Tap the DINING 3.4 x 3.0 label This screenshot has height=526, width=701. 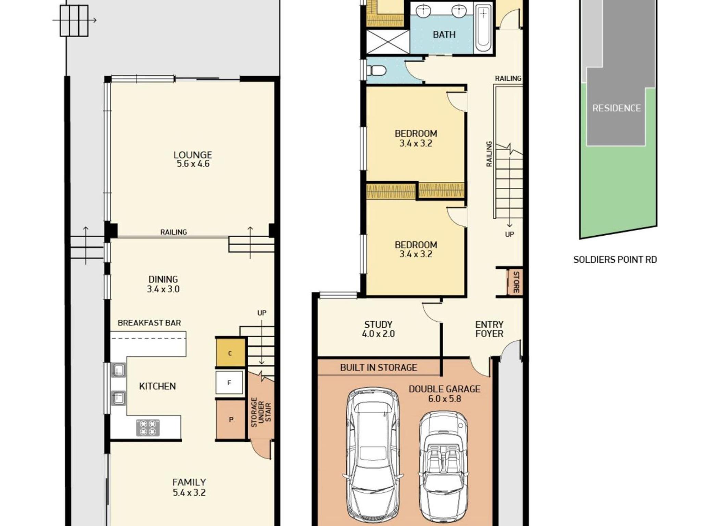[x=163, y=284]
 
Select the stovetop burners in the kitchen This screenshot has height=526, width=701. [x=148, y=428]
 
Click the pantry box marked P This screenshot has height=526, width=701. [x=231, y=419]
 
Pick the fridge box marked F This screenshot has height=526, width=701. [x=229, y=382]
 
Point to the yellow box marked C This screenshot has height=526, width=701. [x=230, y=353]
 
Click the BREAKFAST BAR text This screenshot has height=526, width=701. [x=149, y=323]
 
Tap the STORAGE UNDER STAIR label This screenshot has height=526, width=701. [x=261, y=412]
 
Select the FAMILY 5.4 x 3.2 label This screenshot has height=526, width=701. [x=189, y=487]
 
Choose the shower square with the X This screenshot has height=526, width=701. [x=388, y=42]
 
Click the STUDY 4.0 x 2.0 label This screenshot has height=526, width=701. [x=378, y=329]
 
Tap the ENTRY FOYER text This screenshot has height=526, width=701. [x=489, y=329]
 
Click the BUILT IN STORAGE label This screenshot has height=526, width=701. [x=379, y=367]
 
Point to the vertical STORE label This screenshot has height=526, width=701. [x=516, y=282]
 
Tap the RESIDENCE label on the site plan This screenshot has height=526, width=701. [x=616, y=108]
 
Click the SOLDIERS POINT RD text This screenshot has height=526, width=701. [x=615, y=260]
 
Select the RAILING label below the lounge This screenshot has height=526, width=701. [x=174, y=232]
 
